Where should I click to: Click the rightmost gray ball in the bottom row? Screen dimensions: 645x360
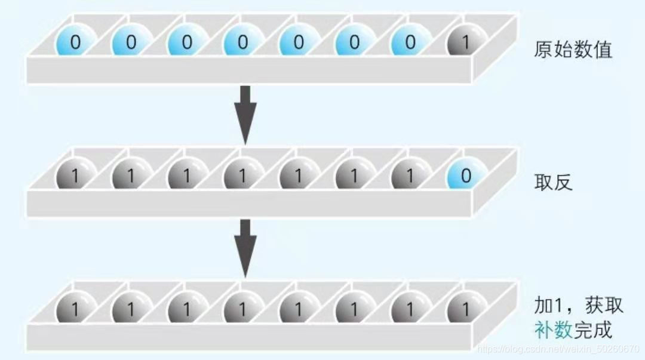[x=466, y=309]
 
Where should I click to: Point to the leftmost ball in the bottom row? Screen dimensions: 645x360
[x=75, y=309]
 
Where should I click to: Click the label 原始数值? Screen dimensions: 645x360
[x=573, y=50]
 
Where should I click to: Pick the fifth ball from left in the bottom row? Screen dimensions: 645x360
[x=299, y=309]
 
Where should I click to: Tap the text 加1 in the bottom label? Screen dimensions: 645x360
[x=548, y=306]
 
